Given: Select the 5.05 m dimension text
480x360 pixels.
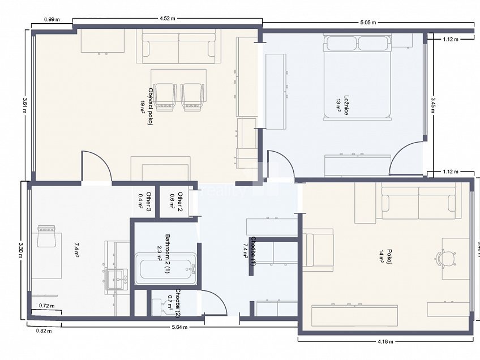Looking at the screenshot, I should [368, 23].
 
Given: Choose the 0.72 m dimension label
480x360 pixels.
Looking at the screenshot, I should [46, 306].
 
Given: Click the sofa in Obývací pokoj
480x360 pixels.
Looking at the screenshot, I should [179, 48].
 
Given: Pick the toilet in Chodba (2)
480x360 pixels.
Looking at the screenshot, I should [157, 306].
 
